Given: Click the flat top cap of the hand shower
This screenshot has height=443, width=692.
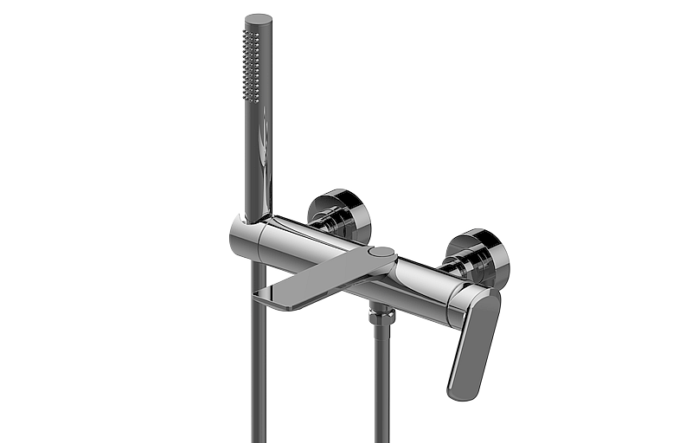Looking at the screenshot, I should click(x=258, y=18).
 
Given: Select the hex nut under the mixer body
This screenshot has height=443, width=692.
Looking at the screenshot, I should click(x=380, y=315).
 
